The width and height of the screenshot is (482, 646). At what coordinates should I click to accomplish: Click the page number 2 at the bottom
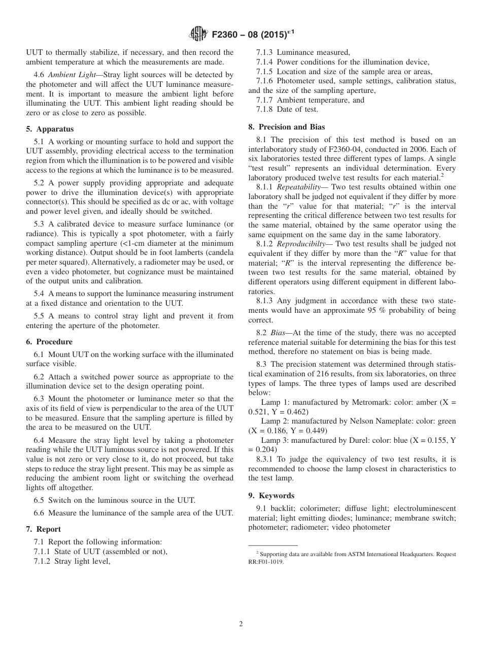[241, 624]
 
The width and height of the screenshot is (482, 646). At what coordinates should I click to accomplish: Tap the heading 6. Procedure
[49, 342]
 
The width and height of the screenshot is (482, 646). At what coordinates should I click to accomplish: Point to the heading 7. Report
[44, 529]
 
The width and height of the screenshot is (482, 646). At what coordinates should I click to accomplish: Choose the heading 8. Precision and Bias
[287, 127]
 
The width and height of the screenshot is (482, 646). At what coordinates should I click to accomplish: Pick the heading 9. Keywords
[271, 496]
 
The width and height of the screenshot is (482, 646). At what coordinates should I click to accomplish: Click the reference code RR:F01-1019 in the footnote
[266, 562]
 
